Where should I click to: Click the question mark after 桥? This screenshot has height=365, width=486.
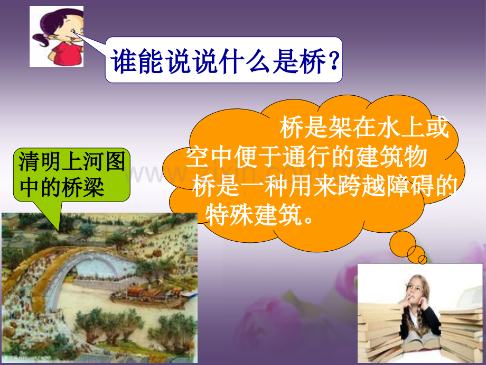click(334, 60)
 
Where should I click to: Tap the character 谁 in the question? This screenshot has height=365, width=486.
click(124, 61)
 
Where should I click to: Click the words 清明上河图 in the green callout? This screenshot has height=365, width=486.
click(72, 161)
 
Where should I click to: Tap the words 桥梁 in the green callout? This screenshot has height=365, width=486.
click(83, 188)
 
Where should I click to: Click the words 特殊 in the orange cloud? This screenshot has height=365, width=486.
click(229, 215)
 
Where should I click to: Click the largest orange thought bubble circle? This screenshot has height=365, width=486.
click(403, 244)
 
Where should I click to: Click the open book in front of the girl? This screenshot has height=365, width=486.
click(421, 341)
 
